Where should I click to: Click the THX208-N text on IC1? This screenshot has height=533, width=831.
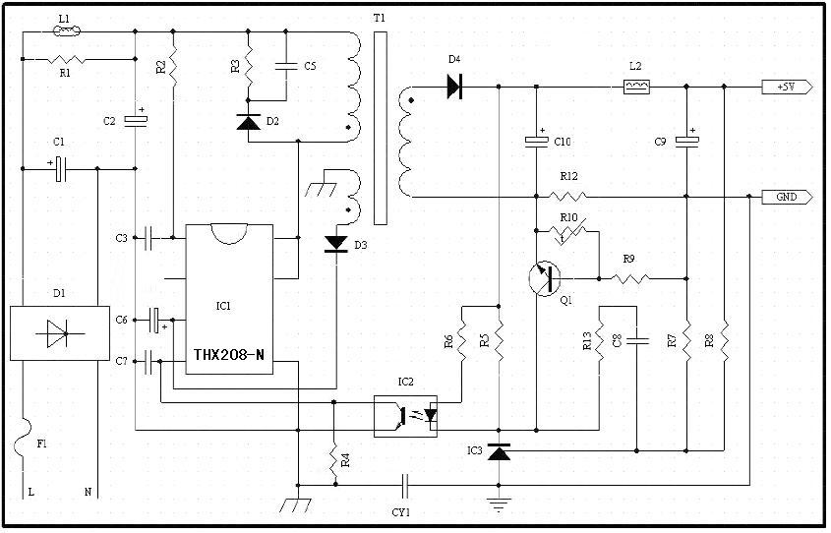(228, 355)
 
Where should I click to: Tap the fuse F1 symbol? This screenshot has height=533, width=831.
(22, 444)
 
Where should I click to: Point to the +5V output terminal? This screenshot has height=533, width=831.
(787, 87)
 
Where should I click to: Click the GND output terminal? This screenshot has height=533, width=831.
(787, 197)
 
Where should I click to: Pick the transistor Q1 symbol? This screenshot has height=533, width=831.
(541, 278)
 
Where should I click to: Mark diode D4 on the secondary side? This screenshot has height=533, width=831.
(454, 87)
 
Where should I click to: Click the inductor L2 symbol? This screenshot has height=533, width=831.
(636, 87)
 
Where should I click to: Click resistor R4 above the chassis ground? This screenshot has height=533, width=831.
(334, 458)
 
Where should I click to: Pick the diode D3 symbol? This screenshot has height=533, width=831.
(336, 243)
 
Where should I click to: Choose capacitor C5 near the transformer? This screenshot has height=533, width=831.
(286, 66)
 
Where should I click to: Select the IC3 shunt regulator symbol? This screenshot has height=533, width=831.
(500, 452)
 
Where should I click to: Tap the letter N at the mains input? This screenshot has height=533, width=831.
(88, 491)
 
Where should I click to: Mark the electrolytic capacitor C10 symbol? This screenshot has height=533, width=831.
(536, 142)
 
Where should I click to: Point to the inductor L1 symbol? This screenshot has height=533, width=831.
(65, 31)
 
